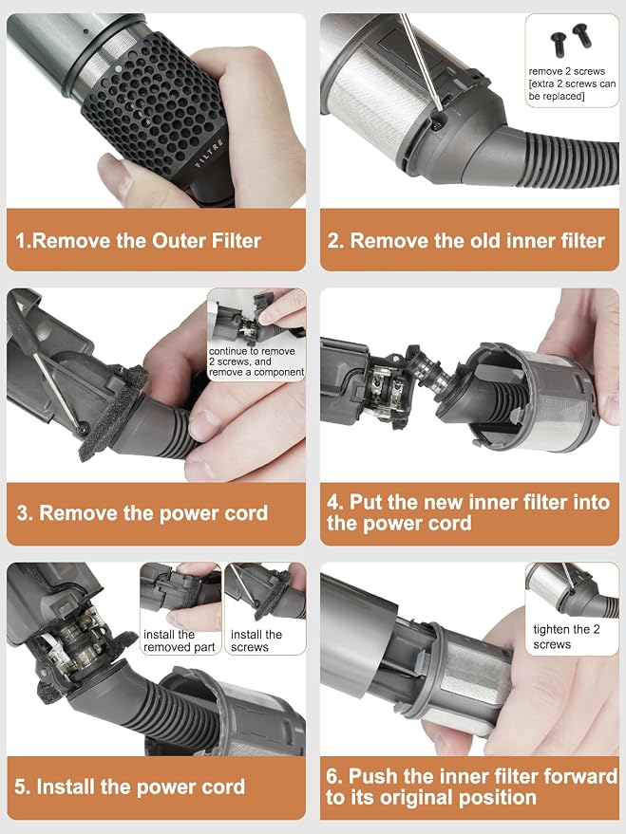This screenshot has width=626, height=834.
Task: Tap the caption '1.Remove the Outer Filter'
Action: (139, 241)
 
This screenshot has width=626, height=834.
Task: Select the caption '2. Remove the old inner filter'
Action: (466, 241)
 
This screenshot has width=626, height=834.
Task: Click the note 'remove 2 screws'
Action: (566, 71)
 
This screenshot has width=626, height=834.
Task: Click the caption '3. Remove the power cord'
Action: (142, 513)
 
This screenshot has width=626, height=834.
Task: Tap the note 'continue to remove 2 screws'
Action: (252, 357)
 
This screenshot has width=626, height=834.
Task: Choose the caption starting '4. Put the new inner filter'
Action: (468, 512)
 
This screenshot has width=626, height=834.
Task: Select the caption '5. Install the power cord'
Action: (130, 787)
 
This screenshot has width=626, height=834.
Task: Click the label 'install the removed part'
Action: (180, 641)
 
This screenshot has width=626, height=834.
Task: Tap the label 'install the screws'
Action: (256, 641)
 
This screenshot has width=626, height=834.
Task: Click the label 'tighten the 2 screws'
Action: (566, 637)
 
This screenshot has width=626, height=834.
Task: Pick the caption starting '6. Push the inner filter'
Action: (471, 787)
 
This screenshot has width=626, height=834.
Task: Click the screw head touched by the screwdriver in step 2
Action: (438, 125)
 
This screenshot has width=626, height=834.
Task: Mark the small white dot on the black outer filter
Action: (118, 68)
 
